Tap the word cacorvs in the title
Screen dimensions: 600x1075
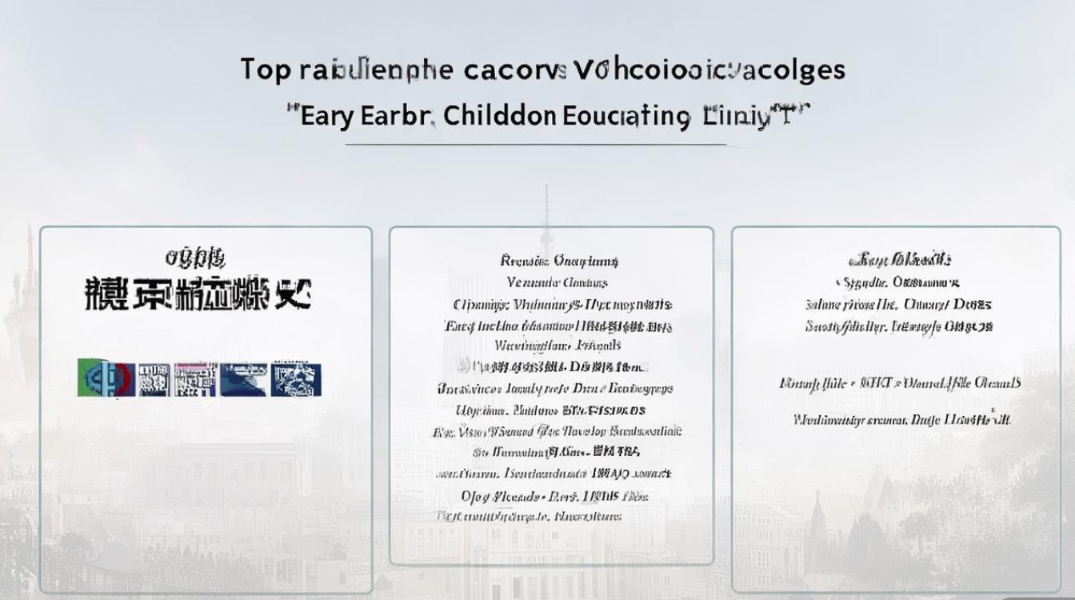[514, 70]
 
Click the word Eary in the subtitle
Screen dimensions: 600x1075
[325, 117]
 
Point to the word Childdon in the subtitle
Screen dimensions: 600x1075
[499, 116]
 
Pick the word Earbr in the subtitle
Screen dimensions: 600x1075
[395, 116]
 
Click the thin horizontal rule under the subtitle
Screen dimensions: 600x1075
[536, 145]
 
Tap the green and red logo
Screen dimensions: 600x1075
[105, 378]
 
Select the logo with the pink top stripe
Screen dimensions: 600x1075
[195, 378]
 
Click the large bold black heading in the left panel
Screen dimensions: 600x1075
[197, 294]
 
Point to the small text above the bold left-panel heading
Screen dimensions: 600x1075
[195, 258]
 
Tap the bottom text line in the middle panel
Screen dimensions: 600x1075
[530, 517]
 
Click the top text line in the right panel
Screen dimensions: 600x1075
[899, 260]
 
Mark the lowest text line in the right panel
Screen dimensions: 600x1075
[901, 419]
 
